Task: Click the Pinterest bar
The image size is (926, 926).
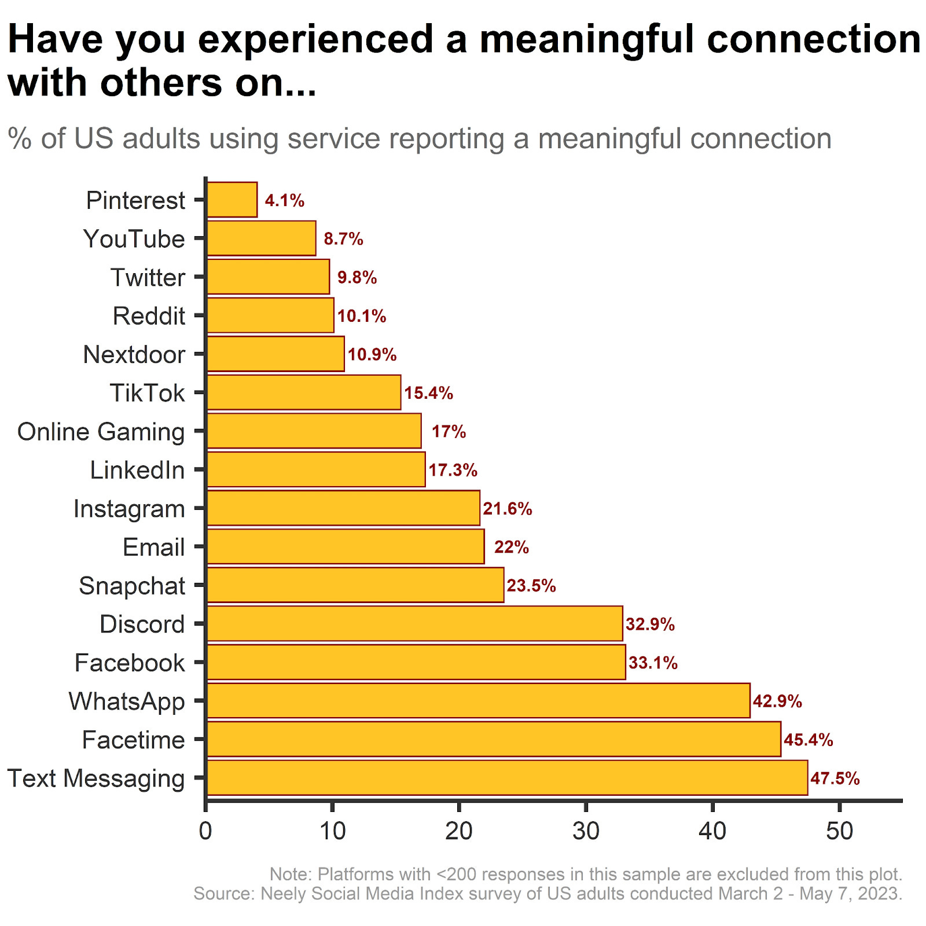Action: tap(231, 200)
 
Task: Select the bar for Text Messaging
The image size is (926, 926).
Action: tap(506, 777)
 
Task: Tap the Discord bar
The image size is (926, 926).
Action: tap(414, 623)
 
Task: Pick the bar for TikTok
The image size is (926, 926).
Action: tap(303, 392)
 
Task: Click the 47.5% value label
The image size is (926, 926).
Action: tap(835, 778)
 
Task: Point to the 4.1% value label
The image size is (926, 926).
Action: tap(284, 200)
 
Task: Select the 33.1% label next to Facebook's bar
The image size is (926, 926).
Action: tap(653, 662)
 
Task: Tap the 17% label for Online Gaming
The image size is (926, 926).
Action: tap(449, 431)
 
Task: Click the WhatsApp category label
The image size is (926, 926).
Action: tap(126, 701)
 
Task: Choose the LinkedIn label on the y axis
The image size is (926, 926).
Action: tap(137, 470)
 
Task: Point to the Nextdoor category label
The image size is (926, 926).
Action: tap(134, 354)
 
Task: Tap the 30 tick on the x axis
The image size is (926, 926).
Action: tap(586, 831)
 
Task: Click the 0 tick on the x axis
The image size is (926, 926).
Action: tap(205, 831)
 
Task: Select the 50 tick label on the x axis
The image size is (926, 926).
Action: tap(839, 831)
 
